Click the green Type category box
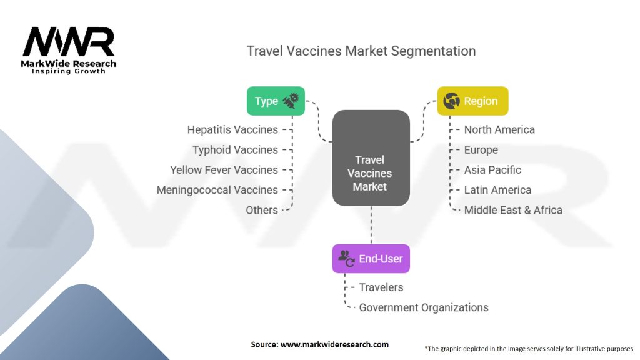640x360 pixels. click(276, 101)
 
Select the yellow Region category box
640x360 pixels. click(472, 101)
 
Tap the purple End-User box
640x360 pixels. click(371, 258)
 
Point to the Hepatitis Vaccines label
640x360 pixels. click(232, 130)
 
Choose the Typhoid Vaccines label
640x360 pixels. click(235, 150)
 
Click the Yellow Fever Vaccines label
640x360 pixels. click(224, 170)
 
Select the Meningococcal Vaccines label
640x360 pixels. click(217, 190)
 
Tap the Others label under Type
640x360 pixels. click(262, 210)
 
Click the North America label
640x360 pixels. click(499, 130)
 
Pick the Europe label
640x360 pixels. click(481, 150)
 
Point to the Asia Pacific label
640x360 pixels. click(492, 170)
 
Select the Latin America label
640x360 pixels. click(497, 190)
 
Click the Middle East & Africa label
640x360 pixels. click(513, 210)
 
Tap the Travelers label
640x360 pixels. click(381, 287)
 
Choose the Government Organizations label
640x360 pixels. click(424, 307)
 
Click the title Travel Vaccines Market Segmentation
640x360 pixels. click(361, 51)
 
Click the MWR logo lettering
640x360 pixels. click(69, 42)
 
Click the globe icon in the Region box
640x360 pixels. click(451, 101)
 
